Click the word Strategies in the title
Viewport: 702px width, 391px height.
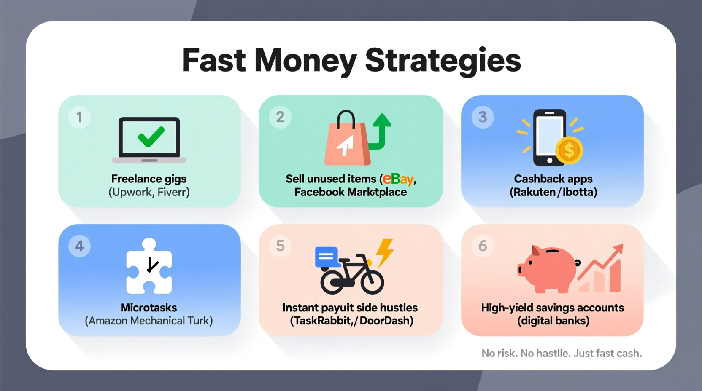tap(443, 60)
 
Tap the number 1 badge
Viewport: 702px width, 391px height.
tap(79, 117)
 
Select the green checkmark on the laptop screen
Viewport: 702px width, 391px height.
tap(151, 137)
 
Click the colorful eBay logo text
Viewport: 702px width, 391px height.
tap(398, 179)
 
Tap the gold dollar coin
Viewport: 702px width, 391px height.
tap(569, 150)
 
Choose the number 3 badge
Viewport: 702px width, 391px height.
tap(483, 117)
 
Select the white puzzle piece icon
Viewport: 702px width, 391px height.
tap(149, 266)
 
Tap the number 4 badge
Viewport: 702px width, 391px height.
tap(79, 246)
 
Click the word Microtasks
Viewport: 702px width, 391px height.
tap(148, 308)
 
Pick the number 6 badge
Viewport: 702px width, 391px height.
tap(483, 246)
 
